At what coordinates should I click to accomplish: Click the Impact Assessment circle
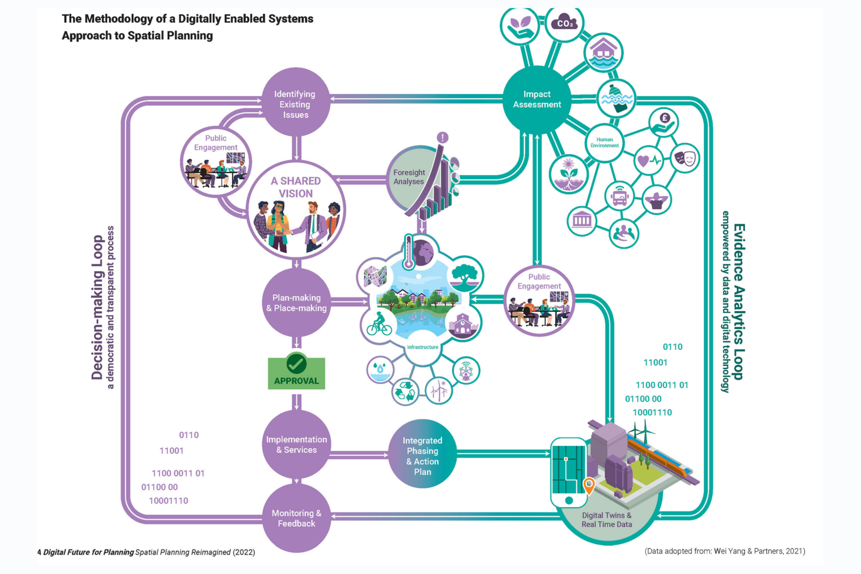pos(537,99)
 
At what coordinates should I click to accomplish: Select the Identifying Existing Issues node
pos(296,103)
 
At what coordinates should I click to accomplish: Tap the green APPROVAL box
pos(297,373)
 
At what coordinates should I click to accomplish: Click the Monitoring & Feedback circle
pos(297,518)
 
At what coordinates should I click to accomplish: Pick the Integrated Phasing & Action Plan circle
pos(422,455)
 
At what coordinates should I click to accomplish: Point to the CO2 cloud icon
pos(564,23)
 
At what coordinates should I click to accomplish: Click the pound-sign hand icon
pos(664,122)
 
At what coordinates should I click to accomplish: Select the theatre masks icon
pos(685,158)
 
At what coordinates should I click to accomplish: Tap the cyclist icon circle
pos(379,324)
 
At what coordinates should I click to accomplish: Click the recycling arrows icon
pos(406,391)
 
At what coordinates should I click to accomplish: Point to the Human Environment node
pos(604,143)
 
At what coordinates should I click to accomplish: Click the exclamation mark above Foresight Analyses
pos(442,138)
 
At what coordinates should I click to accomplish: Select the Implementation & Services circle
pos(297,444)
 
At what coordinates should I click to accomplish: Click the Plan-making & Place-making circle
pos(297,302)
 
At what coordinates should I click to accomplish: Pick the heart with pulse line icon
pos(648,161)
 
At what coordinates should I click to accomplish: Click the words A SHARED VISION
pos(296,187)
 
